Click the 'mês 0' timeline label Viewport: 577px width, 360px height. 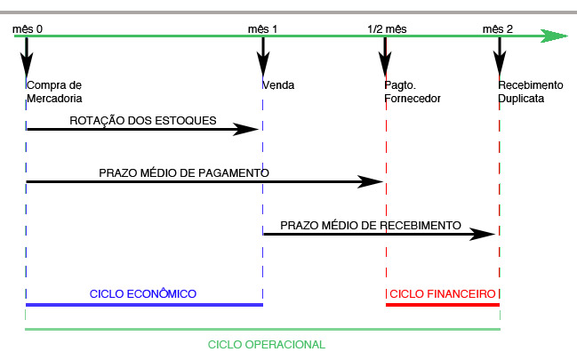tap(28, 28)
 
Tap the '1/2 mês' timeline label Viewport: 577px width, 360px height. tap(386, 28)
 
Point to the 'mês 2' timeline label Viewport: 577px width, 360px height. tap(498, 28)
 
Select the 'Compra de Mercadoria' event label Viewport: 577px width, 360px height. tap(55, 92)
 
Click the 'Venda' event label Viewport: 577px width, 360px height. tap(278, 85)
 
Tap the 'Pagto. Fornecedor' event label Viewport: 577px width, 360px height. tap(412, 92)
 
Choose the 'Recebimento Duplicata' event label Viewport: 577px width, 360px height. tap(531, 92)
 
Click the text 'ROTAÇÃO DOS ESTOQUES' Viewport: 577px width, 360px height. tap(143, 120)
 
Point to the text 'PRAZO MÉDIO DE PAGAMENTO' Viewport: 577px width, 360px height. tap(184, 172)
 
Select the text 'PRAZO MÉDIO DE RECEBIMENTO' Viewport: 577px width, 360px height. tap(371, 226)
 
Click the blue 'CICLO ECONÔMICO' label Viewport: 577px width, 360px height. tap(143, 293)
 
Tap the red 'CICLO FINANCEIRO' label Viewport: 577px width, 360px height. tap(443, 293)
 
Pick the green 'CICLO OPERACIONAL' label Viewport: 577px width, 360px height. tap(267, 344)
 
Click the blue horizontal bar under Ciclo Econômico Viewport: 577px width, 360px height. tap(145, 305)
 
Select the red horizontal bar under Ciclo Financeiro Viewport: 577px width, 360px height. tap(443, 305)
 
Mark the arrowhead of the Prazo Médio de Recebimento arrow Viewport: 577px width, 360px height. tap(484, 234)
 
